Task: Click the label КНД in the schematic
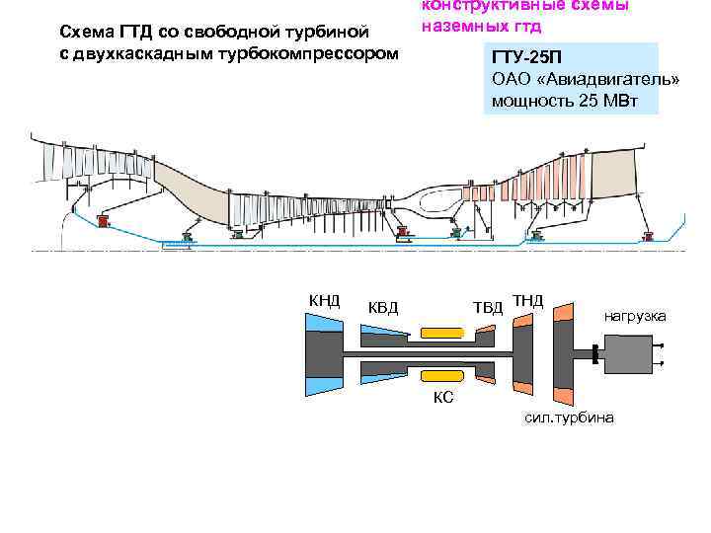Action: [x=324, y=300]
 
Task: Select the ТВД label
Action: [x=488, y=307]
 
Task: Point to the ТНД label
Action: [x=528, y=298]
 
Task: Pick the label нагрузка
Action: [x=635, y=316]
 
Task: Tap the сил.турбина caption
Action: [x=570, y=419]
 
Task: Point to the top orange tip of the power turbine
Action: [x=563, y=313]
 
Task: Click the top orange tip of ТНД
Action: [x=522, y=318]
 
